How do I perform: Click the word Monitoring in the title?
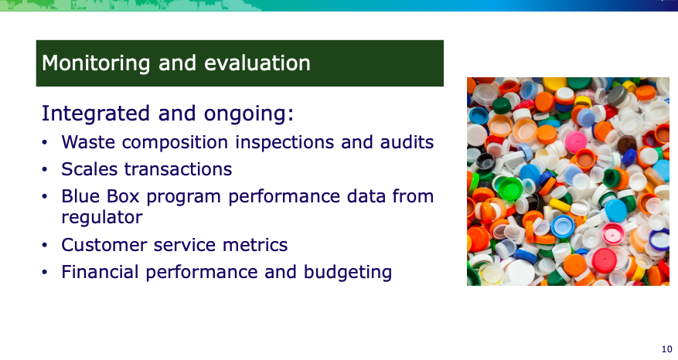coord(96,63)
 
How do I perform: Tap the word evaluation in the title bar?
coord(257,63)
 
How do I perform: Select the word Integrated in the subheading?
coord(96,114)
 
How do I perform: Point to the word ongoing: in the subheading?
coord(249,114)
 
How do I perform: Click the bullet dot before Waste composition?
coord(45,142)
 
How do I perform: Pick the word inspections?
coord(285,142)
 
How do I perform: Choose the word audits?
coord(407,141)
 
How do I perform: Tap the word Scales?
coord(89,169)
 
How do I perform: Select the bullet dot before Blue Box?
coord(45,197)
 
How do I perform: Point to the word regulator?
coord(101,217)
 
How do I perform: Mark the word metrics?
coord(254,245)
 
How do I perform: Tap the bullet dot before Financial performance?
coord(45,272)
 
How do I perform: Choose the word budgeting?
coord(348,272)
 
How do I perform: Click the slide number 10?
coord(666,349)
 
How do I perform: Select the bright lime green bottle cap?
coord(510,188)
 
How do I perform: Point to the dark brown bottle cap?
coord(626,144)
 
